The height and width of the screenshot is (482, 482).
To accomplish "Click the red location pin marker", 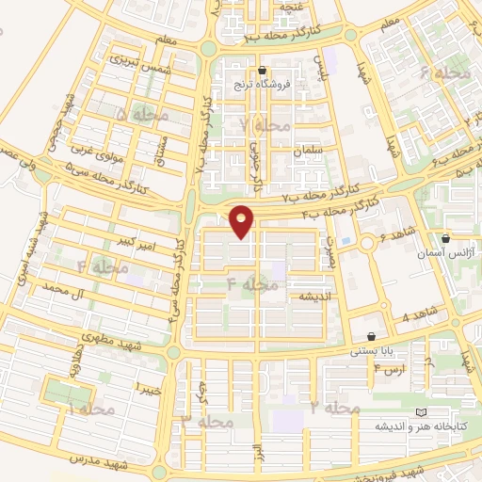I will (243, 220).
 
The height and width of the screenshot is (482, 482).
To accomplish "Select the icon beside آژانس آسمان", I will (445, 239).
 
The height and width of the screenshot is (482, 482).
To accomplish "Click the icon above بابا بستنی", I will (372, 337).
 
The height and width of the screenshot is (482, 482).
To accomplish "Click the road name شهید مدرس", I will (98, 463).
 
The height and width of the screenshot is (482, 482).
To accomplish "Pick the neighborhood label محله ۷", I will (266, 125).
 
